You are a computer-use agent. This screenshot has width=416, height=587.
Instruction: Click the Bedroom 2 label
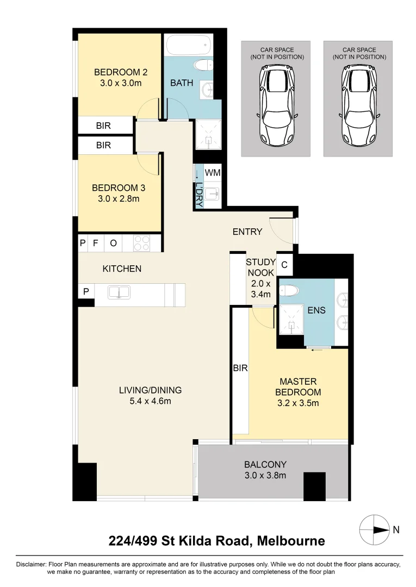(121, 72)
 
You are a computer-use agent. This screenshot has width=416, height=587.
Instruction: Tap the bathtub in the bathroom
(188, 45)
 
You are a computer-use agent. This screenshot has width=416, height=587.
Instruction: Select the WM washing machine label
(213, 173)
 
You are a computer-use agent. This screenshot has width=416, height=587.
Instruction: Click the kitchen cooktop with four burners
(141, 242)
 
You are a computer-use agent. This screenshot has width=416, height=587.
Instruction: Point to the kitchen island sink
(119, 292)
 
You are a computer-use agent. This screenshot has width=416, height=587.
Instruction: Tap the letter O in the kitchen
(113, 243)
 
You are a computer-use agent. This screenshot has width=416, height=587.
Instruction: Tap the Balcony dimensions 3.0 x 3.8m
(265, 475)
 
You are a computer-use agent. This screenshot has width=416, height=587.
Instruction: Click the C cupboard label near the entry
(284, 265)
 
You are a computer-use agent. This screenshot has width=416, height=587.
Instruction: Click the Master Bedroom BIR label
(240, 368)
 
